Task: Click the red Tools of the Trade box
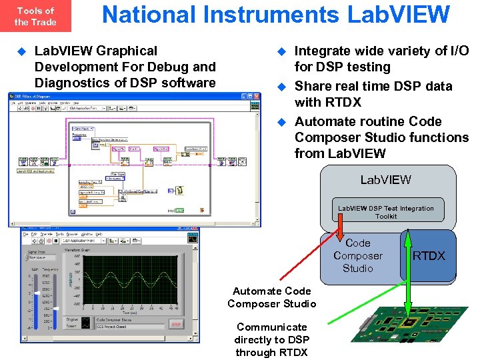(35, 16)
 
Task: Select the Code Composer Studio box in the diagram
(358, 256)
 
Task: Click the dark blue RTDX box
(429, 256)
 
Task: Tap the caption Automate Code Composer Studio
(272, 297)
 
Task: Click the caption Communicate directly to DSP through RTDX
(271, 339)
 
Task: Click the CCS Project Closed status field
(129, 327)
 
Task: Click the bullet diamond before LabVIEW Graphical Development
(21, 51)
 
